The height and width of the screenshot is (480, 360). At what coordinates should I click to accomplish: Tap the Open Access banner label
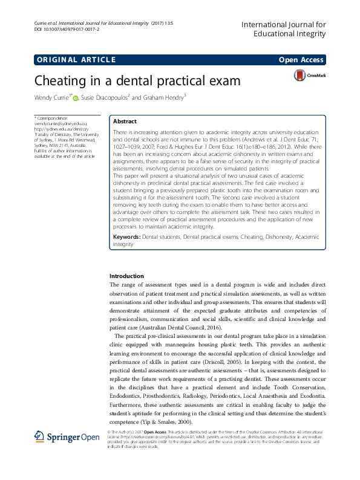click(301, 60)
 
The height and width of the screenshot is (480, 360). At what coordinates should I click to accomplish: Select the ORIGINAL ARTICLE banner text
click(76, 60)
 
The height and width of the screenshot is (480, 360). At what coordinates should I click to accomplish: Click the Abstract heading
click(125, 121)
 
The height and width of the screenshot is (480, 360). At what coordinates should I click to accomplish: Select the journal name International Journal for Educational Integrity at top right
click(283, 29)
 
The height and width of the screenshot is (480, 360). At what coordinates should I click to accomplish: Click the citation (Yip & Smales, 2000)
click(169, 421)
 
